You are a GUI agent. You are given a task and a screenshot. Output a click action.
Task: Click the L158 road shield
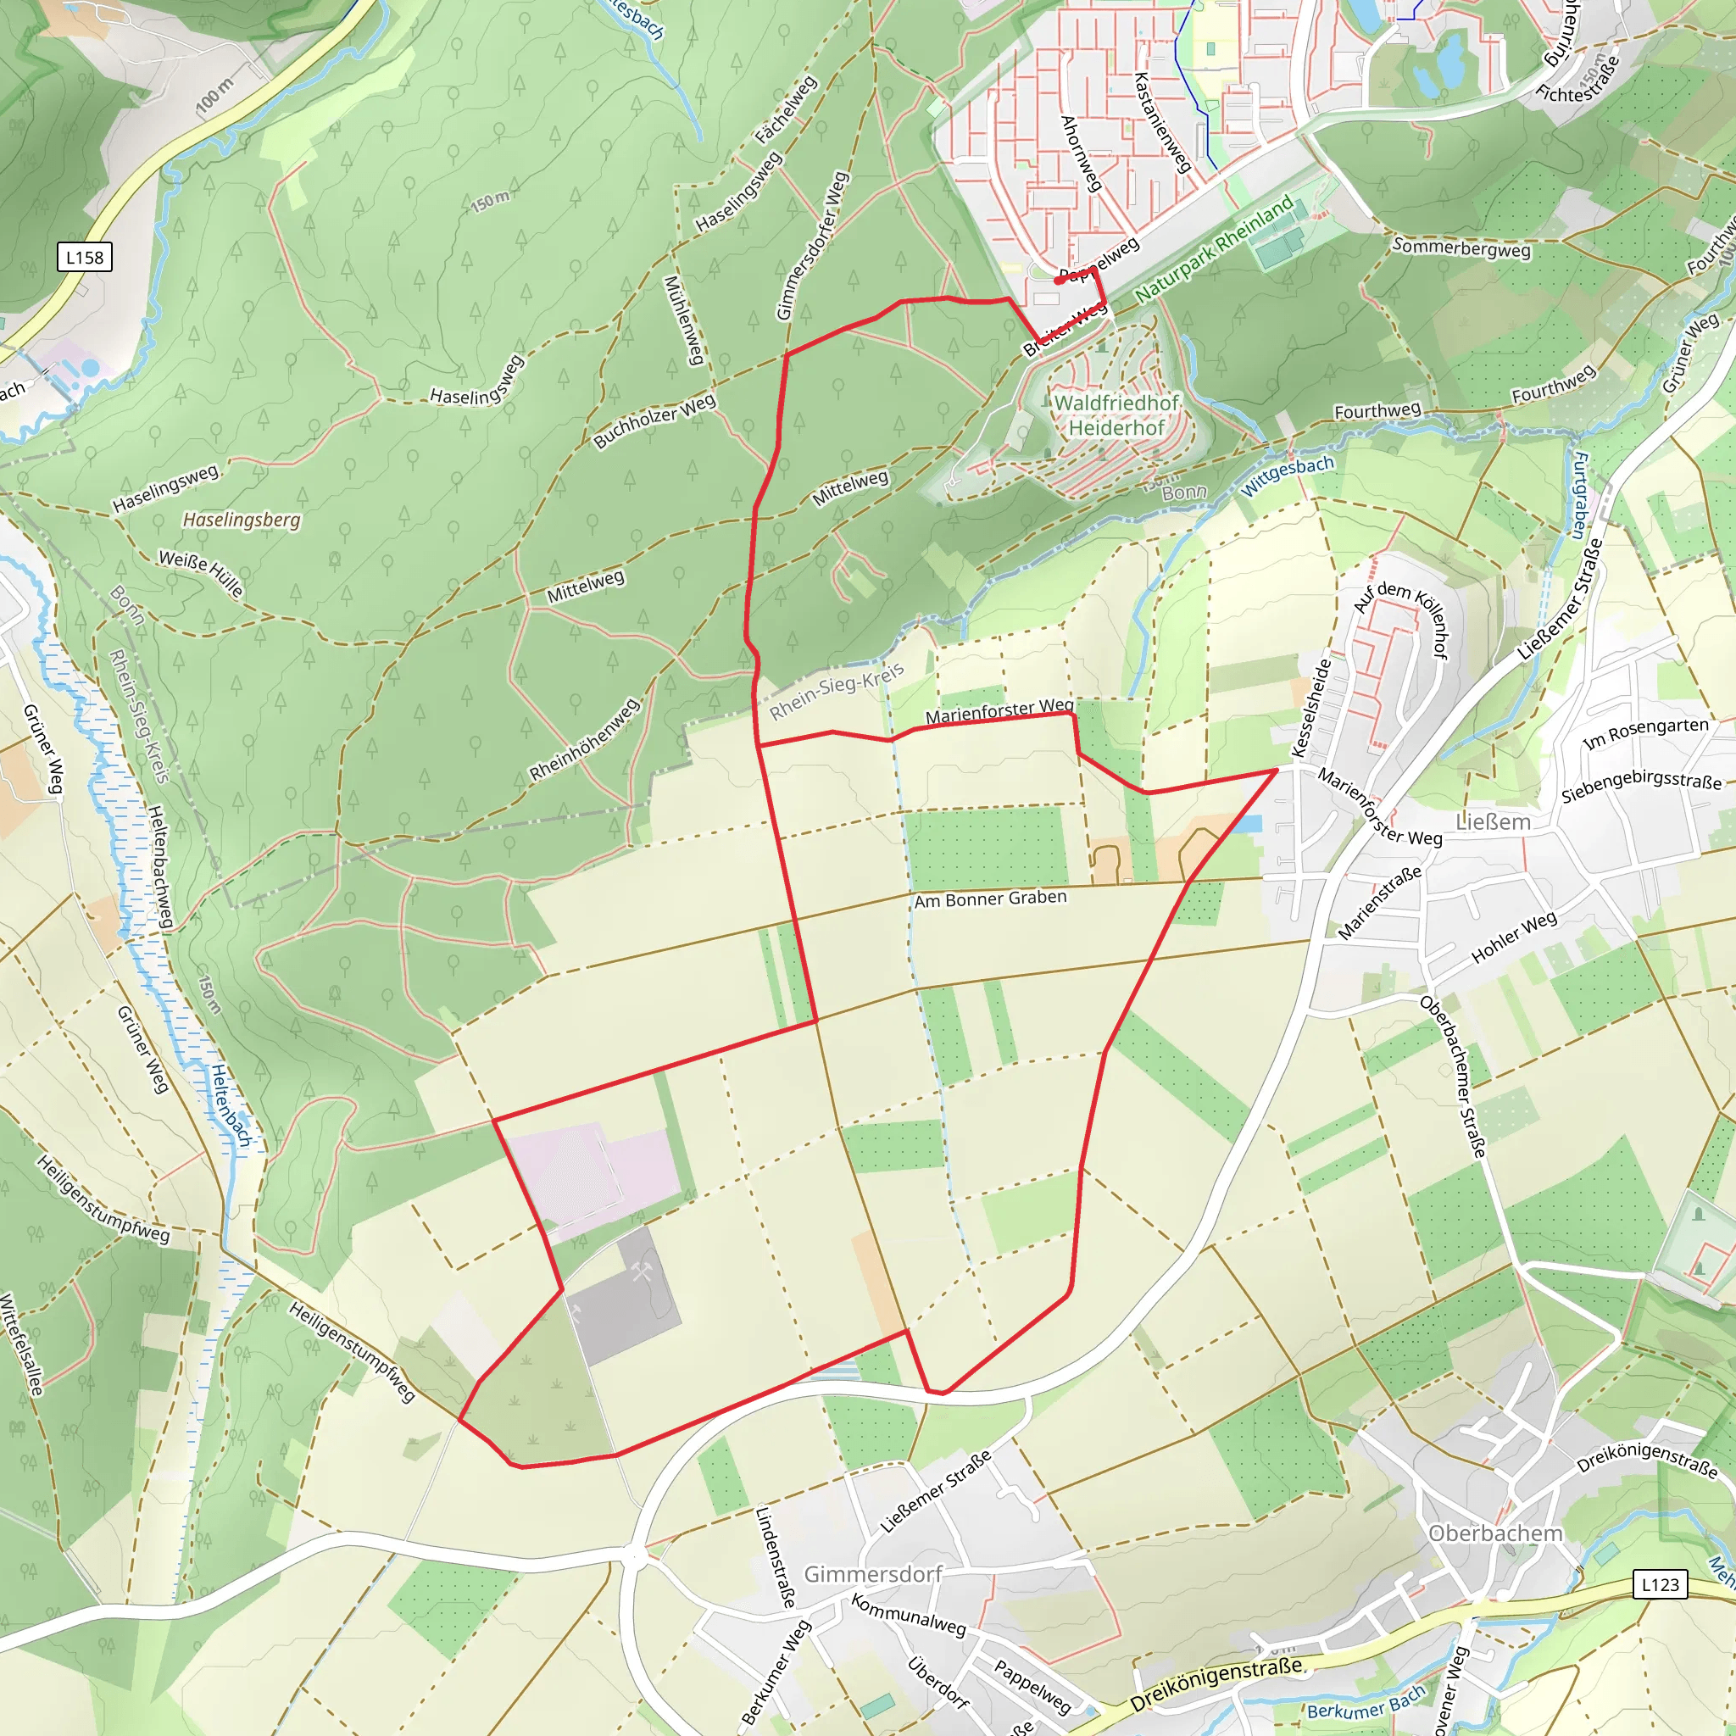point(85,258)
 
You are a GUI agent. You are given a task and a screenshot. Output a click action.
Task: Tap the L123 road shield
point(1660,1584)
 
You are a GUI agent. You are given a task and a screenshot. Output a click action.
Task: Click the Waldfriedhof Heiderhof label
point(1116,415)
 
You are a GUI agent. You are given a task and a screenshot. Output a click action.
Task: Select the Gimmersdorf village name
point(872,1574)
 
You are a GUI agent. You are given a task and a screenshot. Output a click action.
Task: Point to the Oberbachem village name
point(1495,1533)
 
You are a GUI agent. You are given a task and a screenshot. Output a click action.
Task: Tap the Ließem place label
point(1493,822)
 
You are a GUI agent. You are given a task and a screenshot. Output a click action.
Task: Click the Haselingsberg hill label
point(241,520)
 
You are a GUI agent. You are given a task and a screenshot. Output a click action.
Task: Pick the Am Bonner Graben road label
point(990,899)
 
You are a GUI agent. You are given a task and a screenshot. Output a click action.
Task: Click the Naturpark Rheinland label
point(1214,249)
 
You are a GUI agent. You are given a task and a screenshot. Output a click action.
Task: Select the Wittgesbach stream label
point(1287,476)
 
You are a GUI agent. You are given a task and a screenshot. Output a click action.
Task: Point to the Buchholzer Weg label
point(654,420)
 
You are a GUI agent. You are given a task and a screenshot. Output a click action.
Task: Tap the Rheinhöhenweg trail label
point(584,738)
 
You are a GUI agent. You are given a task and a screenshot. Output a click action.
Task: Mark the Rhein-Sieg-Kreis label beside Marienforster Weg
point(836,693)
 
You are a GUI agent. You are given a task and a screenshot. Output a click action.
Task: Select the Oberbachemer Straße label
point(1453,1076)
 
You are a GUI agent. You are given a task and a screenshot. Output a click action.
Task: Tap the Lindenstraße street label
point(776,1556)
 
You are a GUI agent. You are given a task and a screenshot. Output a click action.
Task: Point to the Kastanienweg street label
point(1162,122)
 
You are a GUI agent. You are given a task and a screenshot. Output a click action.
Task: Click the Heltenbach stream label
point(231,1105)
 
